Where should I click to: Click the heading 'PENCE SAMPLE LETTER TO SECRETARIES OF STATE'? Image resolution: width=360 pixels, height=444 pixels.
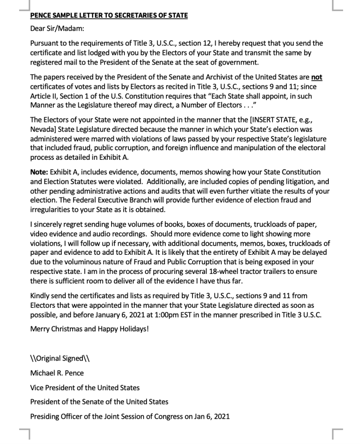[x=109, y=16]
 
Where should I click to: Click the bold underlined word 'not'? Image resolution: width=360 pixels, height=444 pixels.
[x=317, y=77]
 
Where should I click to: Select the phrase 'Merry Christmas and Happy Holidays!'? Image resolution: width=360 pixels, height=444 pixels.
[x=89, y=329]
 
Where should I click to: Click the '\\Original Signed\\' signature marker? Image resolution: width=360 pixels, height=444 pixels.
[x=60, y=358]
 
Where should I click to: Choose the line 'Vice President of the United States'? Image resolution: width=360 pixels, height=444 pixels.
[x=85, y=388]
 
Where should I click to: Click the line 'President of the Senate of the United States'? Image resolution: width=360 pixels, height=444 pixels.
[x=99, y=402]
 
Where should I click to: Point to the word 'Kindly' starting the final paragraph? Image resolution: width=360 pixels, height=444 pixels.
[x=41, y=296]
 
